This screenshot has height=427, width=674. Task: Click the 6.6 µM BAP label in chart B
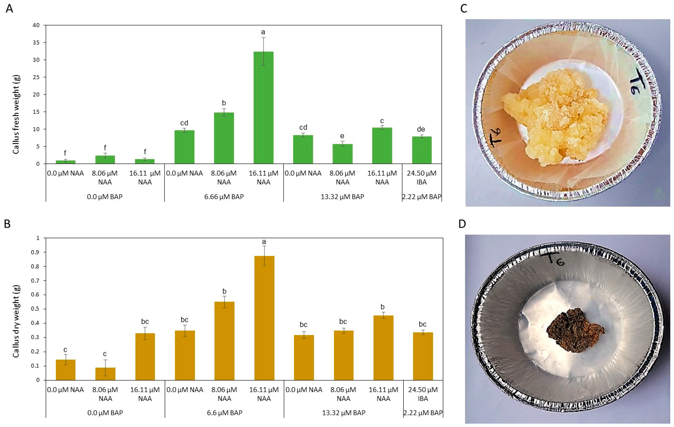(224, 413)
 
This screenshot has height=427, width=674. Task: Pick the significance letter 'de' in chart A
(421, 129)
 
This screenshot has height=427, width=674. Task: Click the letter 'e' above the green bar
(342, 136)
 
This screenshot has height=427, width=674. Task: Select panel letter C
(464, 9)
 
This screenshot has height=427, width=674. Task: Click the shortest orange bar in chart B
(105, 374)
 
